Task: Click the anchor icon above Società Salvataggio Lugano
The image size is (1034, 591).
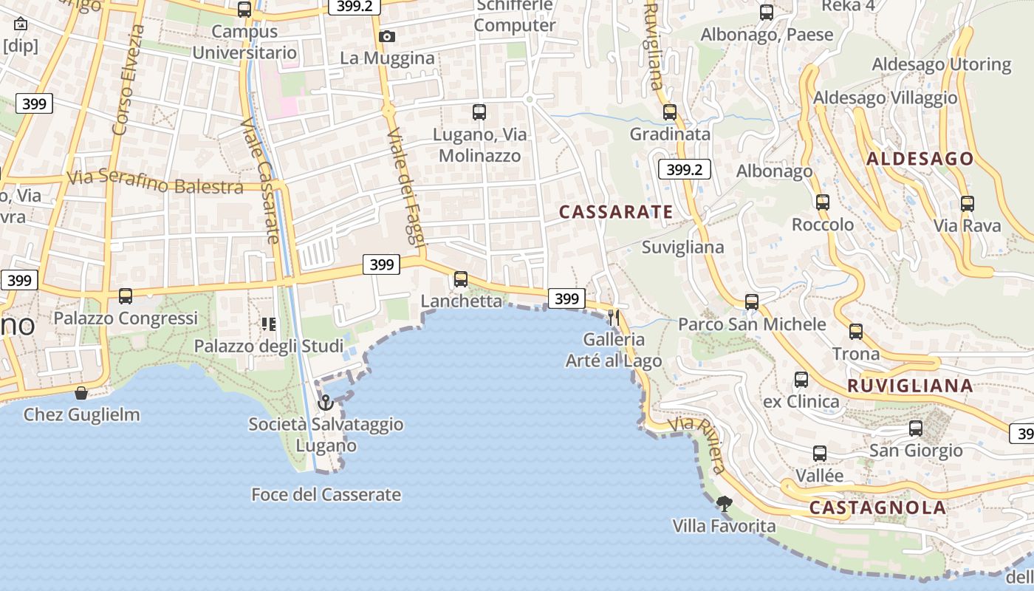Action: point(325,403)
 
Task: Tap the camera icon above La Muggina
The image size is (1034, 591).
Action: point(386,36)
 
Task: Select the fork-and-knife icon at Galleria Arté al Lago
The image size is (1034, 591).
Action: point(613,318)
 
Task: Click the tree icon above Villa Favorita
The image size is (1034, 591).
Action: point(724,504)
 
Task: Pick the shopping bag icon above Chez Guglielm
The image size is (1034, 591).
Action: point(81,393)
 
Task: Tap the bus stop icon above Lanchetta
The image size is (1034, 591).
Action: point(461,279)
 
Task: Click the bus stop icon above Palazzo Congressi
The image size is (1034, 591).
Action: point(126,296)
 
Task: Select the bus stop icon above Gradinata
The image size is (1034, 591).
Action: point(670,112)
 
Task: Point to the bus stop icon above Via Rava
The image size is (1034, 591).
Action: point(968,204)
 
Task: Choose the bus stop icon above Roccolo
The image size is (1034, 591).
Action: point(823,202)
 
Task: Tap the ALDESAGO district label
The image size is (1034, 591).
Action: point(920,159)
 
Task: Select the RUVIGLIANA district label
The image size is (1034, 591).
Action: point(910,386)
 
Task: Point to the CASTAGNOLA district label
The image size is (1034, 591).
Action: point(877,508)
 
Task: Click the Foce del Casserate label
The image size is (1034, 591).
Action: point(326,494)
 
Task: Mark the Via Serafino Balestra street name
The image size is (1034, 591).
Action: point(155,182)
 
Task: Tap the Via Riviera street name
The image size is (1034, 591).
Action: point(699,445)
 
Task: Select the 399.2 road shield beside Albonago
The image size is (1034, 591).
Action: point(684,170)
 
